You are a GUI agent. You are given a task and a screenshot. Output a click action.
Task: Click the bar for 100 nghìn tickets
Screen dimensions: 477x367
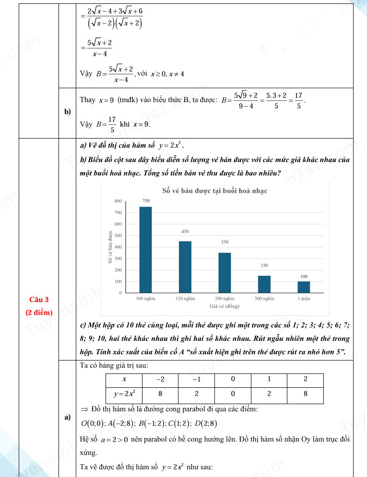point(145,249)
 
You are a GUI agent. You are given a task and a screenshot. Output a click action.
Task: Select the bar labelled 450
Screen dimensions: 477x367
point(185,267)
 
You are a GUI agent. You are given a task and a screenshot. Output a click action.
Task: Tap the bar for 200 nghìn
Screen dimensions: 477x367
point(225,272)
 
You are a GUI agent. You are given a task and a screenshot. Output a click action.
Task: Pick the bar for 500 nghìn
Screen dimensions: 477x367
point(264,284)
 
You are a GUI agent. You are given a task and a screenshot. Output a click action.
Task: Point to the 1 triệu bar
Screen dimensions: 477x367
point(304,287)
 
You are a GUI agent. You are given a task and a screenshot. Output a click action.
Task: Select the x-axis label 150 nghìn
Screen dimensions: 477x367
point(185,299)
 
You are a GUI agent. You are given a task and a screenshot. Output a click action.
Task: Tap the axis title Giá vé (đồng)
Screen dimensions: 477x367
point(225,305)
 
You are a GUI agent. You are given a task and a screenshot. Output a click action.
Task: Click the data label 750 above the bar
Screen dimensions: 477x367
point(146,200)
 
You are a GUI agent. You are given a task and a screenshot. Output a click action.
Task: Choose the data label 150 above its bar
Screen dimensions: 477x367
point(264,265)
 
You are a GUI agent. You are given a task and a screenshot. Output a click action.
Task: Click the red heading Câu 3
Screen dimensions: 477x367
point(39,300)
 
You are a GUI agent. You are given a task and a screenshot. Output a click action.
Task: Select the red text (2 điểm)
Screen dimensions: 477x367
point(39,313)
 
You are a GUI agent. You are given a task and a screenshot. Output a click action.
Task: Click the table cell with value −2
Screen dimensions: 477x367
point(160,379)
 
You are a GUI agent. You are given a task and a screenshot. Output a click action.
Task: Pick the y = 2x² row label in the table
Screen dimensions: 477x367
point(124,394)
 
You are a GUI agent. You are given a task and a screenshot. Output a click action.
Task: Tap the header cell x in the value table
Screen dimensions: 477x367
point(124,379)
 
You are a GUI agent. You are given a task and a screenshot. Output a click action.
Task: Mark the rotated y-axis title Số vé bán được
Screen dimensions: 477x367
point(110,247)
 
